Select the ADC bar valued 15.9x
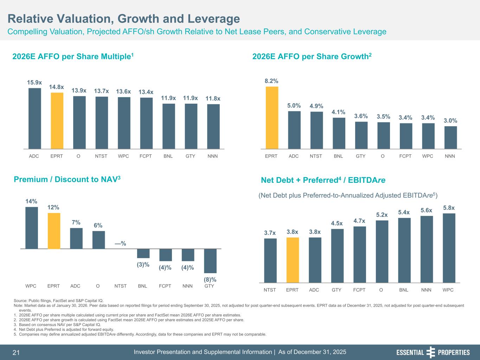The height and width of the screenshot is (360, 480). pos(34,118)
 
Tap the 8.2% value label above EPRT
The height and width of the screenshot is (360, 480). pos(271,81)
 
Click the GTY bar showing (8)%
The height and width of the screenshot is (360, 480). pos(210,261)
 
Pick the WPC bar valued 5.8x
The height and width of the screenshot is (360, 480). pos(449,248)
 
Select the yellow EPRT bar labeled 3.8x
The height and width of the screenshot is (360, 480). pos(293,260)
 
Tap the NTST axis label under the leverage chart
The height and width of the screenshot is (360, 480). pos(270,290)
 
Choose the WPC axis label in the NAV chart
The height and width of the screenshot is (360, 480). pos(31,286)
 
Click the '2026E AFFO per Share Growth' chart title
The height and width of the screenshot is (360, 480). pos(312,57)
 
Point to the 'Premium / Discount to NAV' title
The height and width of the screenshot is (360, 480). pos(67,180)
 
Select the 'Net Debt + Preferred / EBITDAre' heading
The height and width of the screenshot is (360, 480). pos(323,181)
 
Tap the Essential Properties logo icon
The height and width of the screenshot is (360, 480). pos(430,352)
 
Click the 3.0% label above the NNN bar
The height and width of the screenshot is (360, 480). pos(450,121)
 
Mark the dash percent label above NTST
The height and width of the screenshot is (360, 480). pos(121,244)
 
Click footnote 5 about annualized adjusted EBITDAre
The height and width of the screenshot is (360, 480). pos(142,334)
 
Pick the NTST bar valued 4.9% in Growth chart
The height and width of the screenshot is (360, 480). pos(316,130)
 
